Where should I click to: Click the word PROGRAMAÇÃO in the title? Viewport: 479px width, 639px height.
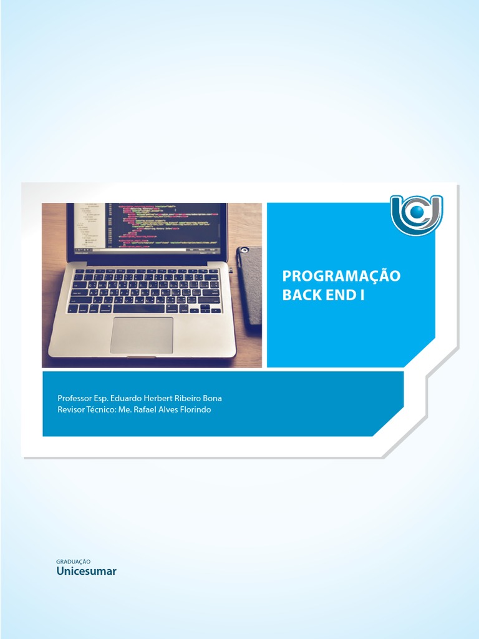[x=341, y=276]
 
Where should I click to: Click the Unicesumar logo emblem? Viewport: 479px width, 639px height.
[x=416, y=215]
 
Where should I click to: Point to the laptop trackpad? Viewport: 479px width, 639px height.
[x=142, y=335]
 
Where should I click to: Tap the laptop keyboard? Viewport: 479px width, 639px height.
[x=145, y=291]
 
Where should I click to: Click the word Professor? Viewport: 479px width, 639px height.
[x=75, y=398]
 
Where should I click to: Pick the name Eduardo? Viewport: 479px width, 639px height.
[x=128, y=398]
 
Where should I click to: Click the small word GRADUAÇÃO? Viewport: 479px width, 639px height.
[x=74, y=562]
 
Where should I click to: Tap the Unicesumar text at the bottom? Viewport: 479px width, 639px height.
[x=86, y=571]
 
